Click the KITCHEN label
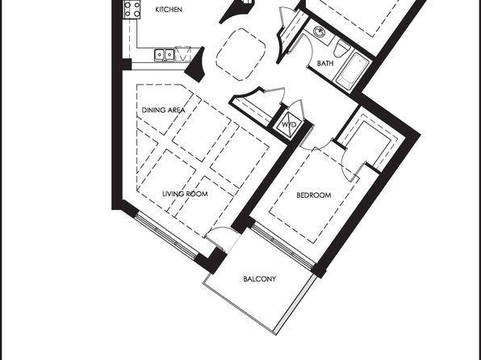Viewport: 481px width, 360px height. [169, 10]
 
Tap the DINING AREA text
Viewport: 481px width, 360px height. [163, 110]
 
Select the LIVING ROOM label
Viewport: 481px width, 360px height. [185, 194]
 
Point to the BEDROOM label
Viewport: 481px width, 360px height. [314, 195]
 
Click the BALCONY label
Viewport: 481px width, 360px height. [260, 279]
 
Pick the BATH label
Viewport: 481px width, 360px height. [325, 63]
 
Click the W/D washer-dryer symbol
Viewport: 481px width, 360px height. [289, 124]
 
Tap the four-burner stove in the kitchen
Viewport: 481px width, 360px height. [132, 9]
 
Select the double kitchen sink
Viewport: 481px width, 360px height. [165, 55]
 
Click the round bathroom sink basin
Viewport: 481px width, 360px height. [320, 31]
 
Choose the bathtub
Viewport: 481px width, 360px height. [352, 72]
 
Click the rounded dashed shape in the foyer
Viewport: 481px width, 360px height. [240, 55]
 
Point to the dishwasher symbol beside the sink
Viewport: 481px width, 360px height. [183, 54]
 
